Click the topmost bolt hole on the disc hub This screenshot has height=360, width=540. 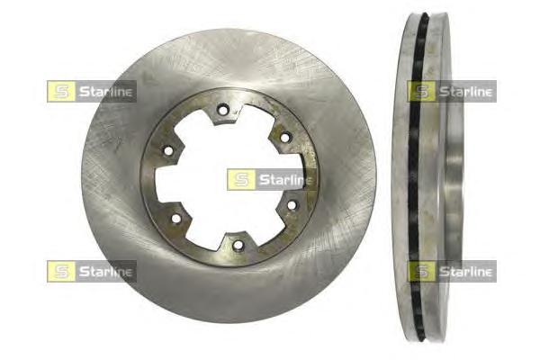pos(223,111)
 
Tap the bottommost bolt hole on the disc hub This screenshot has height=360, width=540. pos(238,245)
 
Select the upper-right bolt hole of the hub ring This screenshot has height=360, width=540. pos(284,138)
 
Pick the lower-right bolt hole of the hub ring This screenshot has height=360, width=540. pos(292,206)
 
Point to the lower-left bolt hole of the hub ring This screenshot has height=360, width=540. pos(176,218)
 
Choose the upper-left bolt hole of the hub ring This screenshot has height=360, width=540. pos(168,150)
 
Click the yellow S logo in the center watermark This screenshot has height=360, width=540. pos(241,179)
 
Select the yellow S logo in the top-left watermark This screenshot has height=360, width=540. pos(61,91)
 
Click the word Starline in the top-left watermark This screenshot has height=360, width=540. pos(105,92)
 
